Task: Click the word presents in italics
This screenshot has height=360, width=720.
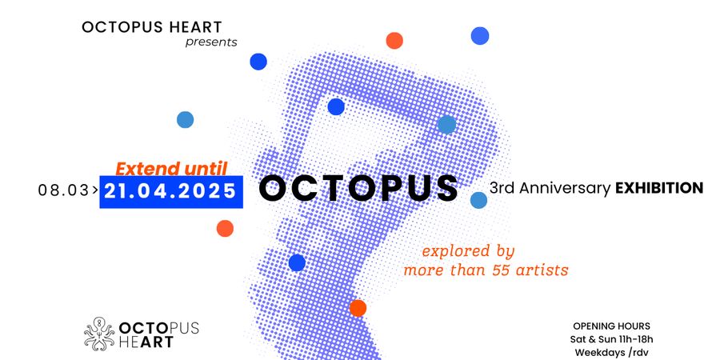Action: click(x=211, y=42)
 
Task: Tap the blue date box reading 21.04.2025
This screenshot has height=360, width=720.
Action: click(x=171, y=191)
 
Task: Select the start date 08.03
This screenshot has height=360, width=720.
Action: click(x=63, y=190)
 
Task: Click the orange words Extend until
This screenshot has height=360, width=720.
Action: click(x=171, y=169)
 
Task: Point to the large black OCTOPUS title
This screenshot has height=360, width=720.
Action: click(x=358, y=188)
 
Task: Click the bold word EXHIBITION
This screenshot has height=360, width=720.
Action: click(x=659, y=188)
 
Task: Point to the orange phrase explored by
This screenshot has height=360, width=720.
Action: click(x=468, y=252)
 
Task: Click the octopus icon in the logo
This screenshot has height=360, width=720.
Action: click(x=99, y=334)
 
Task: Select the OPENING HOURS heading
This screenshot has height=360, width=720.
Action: click(x=612, y=326)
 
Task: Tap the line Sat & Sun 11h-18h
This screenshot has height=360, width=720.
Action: click(x=612, y=340)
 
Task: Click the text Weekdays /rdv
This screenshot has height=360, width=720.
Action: click(x=612, y=353)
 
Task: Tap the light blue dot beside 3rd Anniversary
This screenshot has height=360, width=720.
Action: click(x=478, y=200)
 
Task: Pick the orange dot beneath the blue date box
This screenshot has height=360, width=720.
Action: click(x=225, y=228)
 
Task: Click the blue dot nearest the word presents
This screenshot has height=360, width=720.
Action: click(x=258, y=62)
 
